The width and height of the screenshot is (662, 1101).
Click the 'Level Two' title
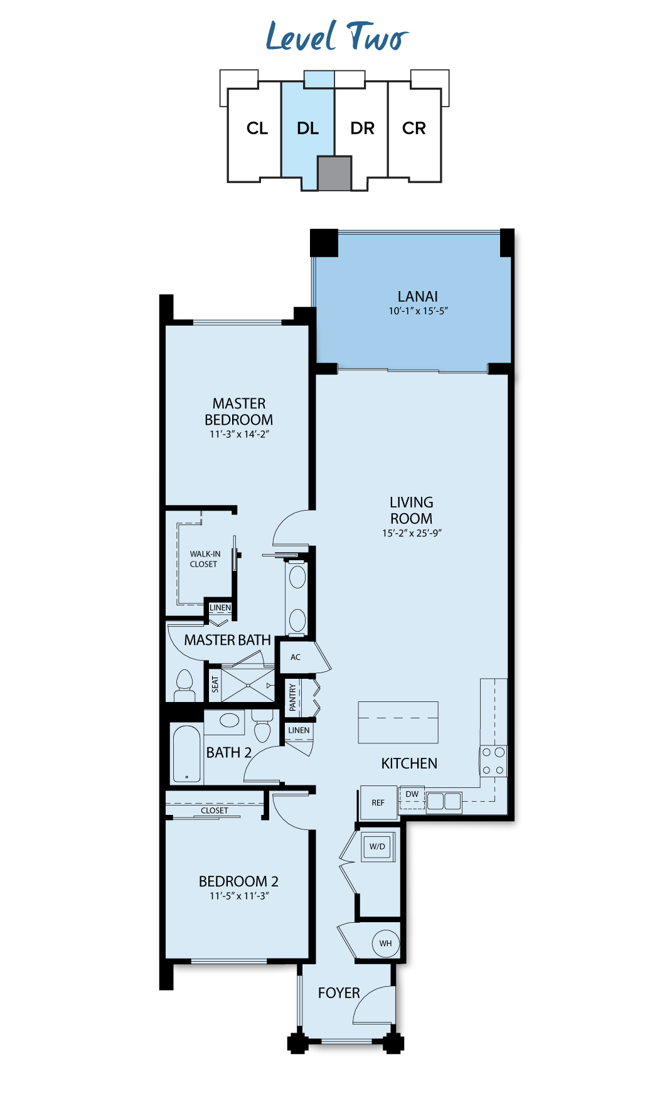pyautogui.click(x=337, y=36)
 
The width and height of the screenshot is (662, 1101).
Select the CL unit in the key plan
pyautogui.click(x=257, y=129)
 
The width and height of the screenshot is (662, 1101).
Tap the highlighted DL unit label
pyautogui.click(x=307, y=129)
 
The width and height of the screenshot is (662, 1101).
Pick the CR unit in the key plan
pyautogui.click(x=414, y=129)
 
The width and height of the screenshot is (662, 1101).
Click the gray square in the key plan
pyautogui.click(x=334, y=173)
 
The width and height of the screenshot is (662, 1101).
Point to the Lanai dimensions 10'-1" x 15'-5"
pyautogui.click(x=418, y=311)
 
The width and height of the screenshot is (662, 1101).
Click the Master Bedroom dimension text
pyautogui.click(x=239, y=434)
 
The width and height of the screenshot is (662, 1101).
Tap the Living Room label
pyautogui.click(x=411, y=510)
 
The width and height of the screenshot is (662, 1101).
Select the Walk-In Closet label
pyautogui.click(x=205, y=559)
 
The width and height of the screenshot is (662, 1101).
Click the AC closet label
pyautogui.click(x=296, y=657)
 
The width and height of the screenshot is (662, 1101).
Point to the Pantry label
pyautogui.click(x=292, y=698)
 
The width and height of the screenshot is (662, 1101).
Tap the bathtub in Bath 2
pyautogui.click(x=186, y=753)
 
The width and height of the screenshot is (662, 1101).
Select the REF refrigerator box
pyautogui.click(x=378, y=802)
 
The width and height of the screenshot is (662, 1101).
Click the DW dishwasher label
pyautogui.click(x=412, y=794)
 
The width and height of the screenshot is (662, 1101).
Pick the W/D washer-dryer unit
pyautogui.click(x=378, y=846)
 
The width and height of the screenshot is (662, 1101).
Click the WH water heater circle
pyautogui.click(x=386, y=943)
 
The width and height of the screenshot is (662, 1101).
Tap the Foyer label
pyautogui.click(x=339, y=993)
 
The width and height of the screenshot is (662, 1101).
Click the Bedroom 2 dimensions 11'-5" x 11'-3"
pyautogui.click(x=239, y=896)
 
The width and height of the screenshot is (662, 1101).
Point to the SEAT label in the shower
pyautogui.click(x=215, y=684)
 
